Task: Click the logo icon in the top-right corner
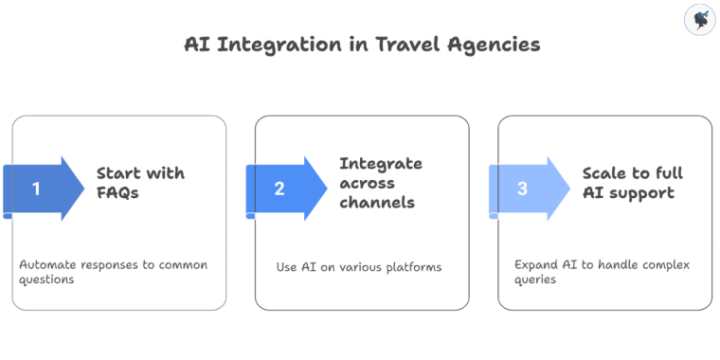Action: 698,20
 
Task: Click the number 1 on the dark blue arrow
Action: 37,189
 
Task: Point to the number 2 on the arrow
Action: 279,189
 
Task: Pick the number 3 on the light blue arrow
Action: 522,189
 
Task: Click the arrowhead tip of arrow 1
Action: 83,189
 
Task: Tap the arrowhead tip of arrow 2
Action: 326,189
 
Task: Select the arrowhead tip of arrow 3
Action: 568,189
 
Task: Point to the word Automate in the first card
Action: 48,264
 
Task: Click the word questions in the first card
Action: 48,279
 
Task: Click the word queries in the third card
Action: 535,279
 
